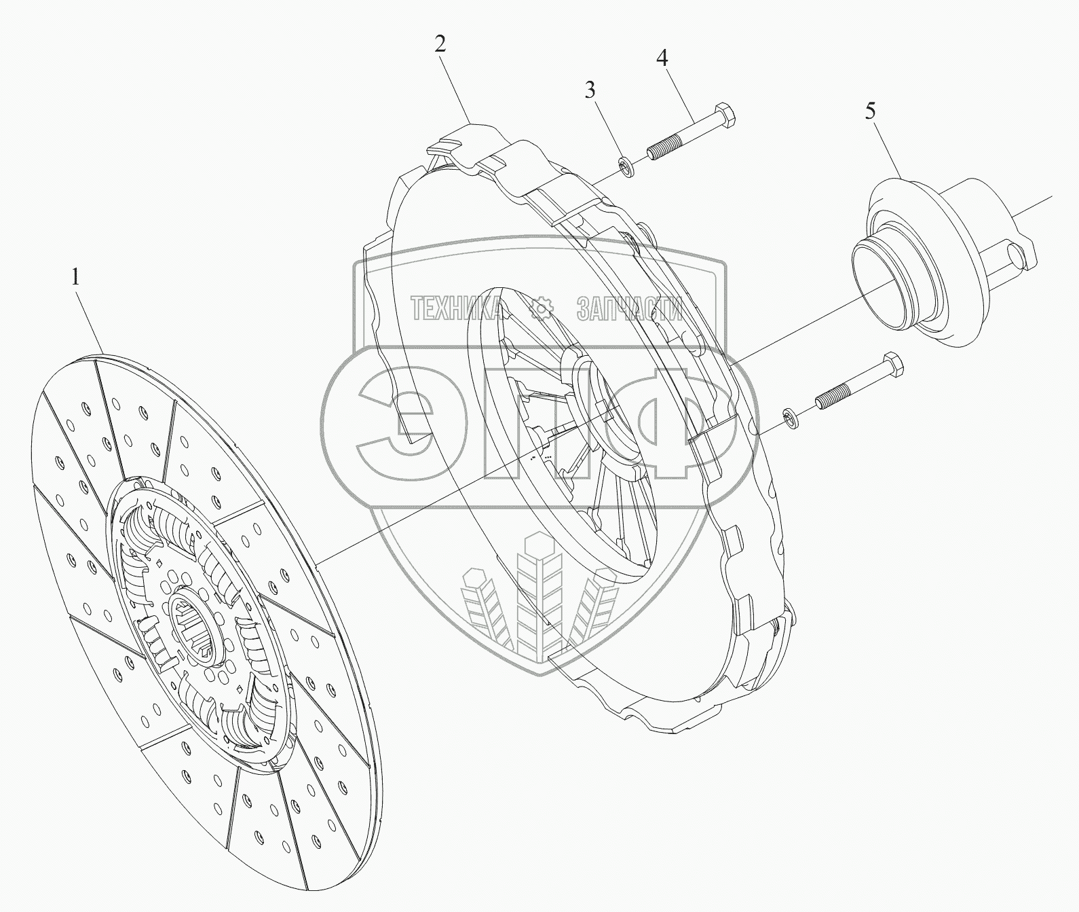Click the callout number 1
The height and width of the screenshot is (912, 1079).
76,278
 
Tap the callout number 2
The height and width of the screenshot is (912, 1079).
440,45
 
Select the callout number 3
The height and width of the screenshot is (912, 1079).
590,90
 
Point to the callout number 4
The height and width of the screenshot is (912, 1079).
662,58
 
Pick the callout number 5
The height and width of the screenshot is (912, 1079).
870,111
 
